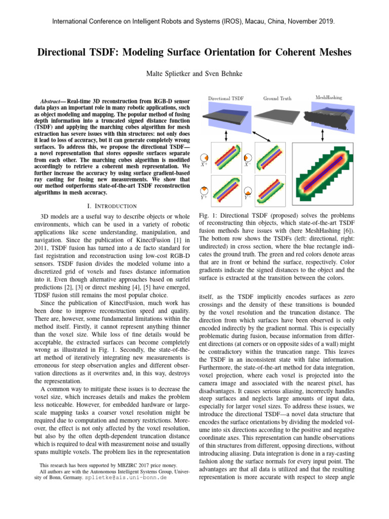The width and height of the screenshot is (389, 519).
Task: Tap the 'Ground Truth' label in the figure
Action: point(277,98)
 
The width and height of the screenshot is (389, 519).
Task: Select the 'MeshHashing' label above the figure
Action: point(328,97)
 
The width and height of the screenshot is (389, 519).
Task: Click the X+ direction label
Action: point(203,165)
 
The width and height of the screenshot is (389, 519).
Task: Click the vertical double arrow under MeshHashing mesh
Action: point(323,135)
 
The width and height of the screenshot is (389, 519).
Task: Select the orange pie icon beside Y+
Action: point(203,189)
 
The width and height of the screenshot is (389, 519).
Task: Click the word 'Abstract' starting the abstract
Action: point(52,101)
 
